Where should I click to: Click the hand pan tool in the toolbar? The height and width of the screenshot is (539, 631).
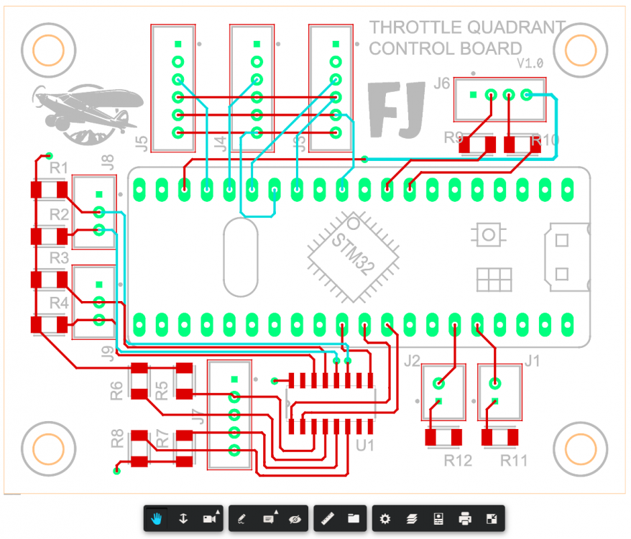pos(156,518)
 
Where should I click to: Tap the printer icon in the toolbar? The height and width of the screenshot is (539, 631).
pos(465,518)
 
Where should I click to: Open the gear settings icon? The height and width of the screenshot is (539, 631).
pos(385,518)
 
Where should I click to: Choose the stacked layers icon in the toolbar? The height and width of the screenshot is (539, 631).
pos(412,518)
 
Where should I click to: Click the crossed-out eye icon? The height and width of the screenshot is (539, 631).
pos(295,518)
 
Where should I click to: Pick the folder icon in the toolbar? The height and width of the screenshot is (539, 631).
pos(353,518)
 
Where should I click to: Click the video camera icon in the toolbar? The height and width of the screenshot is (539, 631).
pos(209,518)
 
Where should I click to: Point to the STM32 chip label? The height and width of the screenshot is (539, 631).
pos(353,254)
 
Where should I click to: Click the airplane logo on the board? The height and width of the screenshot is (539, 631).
pos(79,112)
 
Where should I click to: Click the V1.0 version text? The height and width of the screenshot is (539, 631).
pos(530,64)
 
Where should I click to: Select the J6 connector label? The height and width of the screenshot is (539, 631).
pos(442,84)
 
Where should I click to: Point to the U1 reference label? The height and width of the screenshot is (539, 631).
pos(365,446)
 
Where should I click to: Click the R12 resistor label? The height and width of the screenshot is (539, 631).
pos(457,460)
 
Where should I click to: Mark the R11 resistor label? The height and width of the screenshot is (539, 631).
pos(513,460)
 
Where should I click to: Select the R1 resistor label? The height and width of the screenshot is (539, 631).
pos(58,169)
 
